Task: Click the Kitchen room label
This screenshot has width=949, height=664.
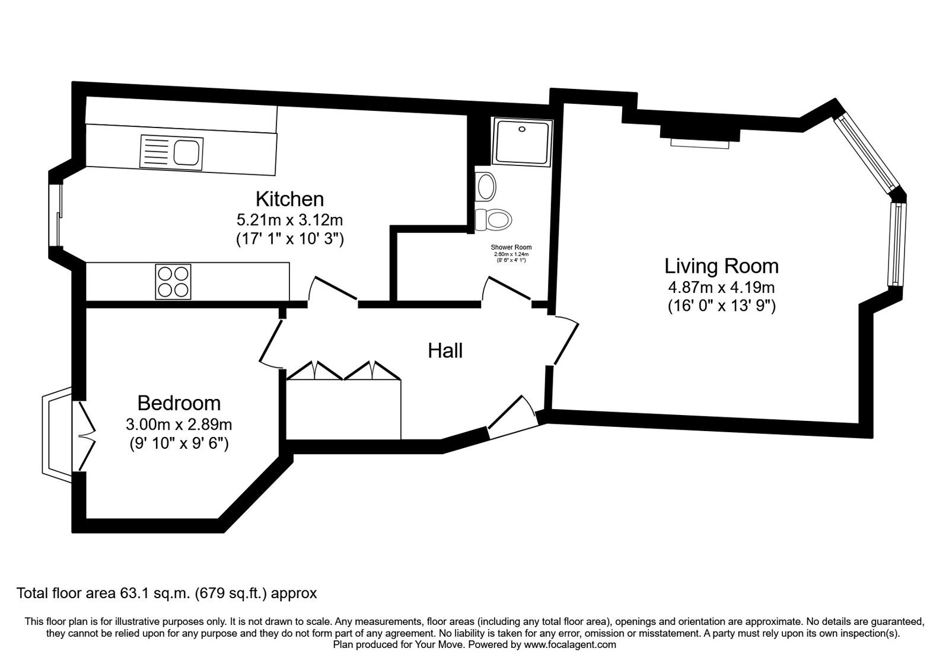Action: click(x=290, y=199)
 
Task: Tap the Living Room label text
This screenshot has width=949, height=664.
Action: click(x=721, y=266)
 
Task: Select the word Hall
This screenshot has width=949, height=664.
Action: click(x=445, y=350)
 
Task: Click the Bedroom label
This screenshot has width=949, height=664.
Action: click(x=179, y=403)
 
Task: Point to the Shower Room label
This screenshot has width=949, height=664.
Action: click(x=511, y=247)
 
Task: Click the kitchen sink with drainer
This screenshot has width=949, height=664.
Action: click(x=171, y=152)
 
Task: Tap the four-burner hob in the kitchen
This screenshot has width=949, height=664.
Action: click(x=173, y=282)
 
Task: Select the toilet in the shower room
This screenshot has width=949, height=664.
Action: click(x=493, y=219)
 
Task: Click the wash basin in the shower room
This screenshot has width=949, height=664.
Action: click(x=486, y=186)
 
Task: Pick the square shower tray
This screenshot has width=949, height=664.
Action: click(x=522, y=142)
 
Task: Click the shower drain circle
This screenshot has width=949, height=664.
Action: click(x=522, y=129)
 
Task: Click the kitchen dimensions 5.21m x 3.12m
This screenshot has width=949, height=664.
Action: click(x=289, y=220)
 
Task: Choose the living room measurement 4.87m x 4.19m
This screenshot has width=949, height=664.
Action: click(x=721, y=288)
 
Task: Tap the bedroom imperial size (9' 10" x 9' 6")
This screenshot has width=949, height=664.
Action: click(x=179, y=443)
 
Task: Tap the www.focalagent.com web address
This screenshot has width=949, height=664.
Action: click(x=570, y=645)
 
